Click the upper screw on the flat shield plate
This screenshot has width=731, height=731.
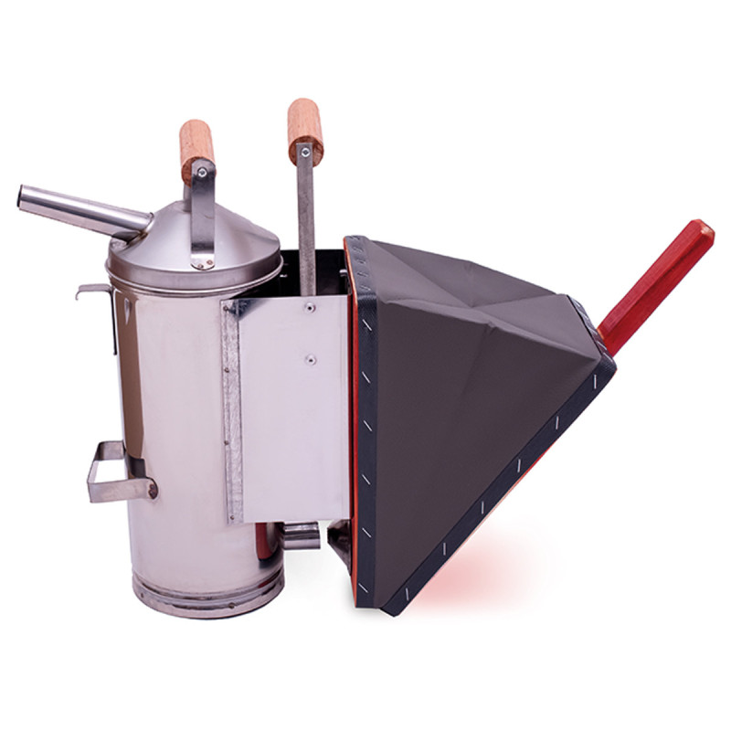click(310, 309)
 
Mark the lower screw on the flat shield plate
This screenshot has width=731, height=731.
click(310, 360)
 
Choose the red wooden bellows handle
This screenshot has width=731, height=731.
click(658, 283)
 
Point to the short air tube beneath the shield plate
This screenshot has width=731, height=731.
click(299, 535)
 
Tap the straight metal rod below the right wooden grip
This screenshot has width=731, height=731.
click(306, 219)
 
